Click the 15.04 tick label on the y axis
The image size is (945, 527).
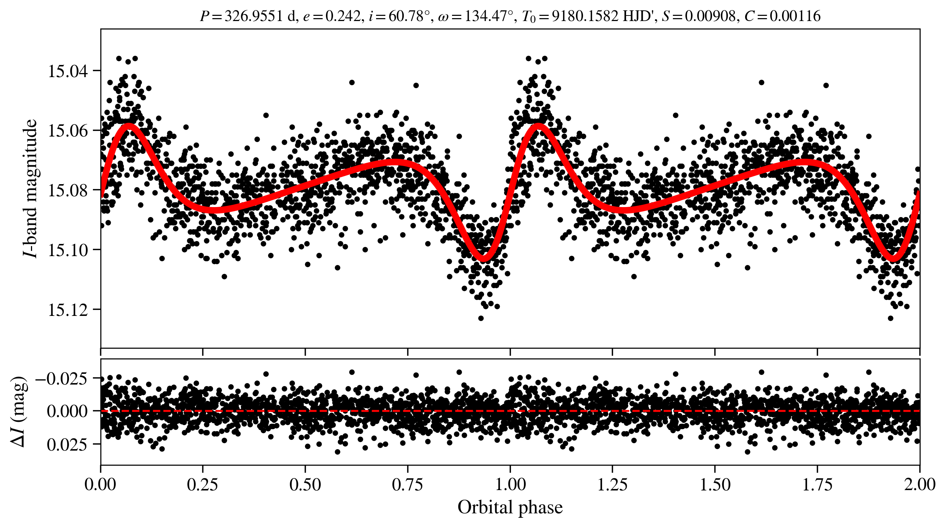68,71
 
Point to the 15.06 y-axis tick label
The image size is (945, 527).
68,131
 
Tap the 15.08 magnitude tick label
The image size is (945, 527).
68,190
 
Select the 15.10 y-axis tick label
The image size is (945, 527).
68,250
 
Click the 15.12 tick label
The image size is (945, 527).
68,310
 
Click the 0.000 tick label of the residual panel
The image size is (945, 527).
67,411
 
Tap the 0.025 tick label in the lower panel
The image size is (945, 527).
67,444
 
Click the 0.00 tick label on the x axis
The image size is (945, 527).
101,484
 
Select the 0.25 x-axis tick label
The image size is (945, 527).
203,484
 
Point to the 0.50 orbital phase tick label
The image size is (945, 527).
305,484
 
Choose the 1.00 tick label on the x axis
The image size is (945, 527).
510,484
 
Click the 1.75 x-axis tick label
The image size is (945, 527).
817,484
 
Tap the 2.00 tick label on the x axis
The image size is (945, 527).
920,484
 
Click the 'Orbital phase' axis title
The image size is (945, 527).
510,507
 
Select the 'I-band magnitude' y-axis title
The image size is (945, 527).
30,188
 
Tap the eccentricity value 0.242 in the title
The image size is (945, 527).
343,16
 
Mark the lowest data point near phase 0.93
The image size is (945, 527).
481,318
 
